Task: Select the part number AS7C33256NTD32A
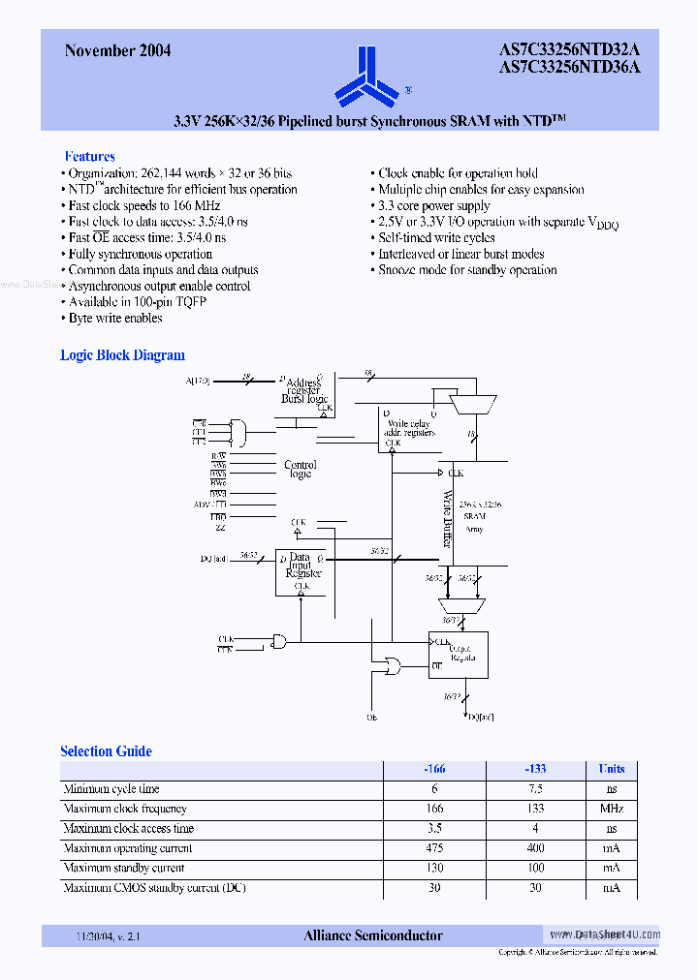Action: tap(569, 49)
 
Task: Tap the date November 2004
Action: tap(117, 50)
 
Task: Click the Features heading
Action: tap(89, 156)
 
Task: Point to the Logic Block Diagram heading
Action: tap(122, 355)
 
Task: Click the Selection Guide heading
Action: tap(106, 750)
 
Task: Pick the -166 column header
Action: tap(436, 769)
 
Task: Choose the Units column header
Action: tap(611, 769)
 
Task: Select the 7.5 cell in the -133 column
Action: tap(536, 788)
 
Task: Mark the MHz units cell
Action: tap(611, 809)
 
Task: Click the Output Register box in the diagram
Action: tap(459, 655)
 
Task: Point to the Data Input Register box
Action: tap(301, 570)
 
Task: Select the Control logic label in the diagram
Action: tap(301, 469)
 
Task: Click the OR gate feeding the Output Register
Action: tap(394, 665)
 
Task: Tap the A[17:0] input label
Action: tap(197, 381)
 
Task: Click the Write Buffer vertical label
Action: tap(447, 519)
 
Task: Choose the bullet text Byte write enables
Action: tap(114, 318)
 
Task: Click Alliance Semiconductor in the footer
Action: tap(373, 935)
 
